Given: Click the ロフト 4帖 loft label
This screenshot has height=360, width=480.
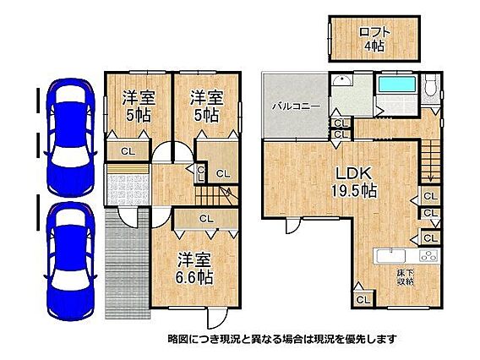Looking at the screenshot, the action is click(x=374, y=39).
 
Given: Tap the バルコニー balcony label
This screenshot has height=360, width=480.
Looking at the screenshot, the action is click(x=297, y=106).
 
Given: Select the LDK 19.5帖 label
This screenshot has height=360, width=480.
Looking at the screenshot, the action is click(x=354, y=182).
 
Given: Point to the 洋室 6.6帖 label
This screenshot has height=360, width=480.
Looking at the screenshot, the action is click(x=194, y=269).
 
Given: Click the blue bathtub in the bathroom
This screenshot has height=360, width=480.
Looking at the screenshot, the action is click(x=396, y=84).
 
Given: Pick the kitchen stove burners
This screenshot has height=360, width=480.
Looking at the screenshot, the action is click(x=428, y=255).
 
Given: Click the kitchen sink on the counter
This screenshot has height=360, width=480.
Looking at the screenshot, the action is click(x=391, y=255).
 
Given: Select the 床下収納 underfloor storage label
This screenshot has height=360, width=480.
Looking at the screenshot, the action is click(x=406, y=277).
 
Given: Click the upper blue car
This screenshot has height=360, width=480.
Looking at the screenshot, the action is click(x=70, y=138).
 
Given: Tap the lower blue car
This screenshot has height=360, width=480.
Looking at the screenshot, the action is click(x=70, y=261).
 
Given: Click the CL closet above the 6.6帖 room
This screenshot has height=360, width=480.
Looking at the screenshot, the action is click(x=206, y=219).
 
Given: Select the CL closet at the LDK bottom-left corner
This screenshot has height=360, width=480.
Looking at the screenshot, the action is click(x=363, y=299).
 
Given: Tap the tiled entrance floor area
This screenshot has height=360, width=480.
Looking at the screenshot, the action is click(x=128, y=190).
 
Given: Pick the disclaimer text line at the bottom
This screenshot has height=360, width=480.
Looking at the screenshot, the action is click(x=282, y=339).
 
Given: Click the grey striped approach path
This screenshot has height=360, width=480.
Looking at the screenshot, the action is click(x=128, y=264).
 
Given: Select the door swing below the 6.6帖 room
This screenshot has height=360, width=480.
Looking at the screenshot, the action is click(x=217, y=319).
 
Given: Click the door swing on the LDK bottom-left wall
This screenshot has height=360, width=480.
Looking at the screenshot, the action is click(x=293, y=226).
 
